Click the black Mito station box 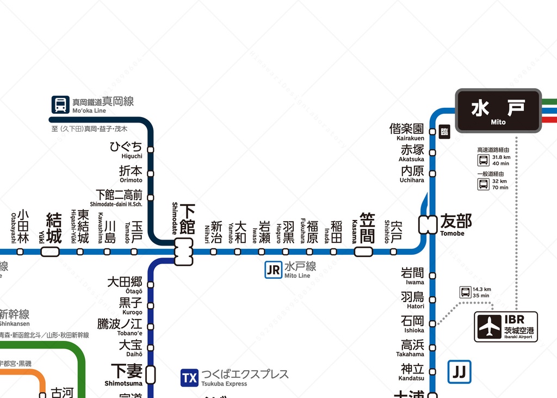[498, 111]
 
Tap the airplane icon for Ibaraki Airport [490, 327]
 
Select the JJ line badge [460, 372]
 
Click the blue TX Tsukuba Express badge [189, 378]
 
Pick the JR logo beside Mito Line [274, 270]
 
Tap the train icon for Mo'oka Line [60, 104]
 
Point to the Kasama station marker [363, 252]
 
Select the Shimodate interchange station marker [184, 252]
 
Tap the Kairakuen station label [407, 131]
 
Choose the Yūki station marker [50, 252]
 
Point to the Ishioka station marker [432, 323]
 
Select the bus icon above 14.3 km [466, 292]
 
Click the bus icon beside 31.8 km [483, 160]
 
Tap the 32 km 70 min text [500, 184]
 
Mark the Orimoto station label [131, 173]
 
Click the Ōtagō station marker [151, 284]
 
